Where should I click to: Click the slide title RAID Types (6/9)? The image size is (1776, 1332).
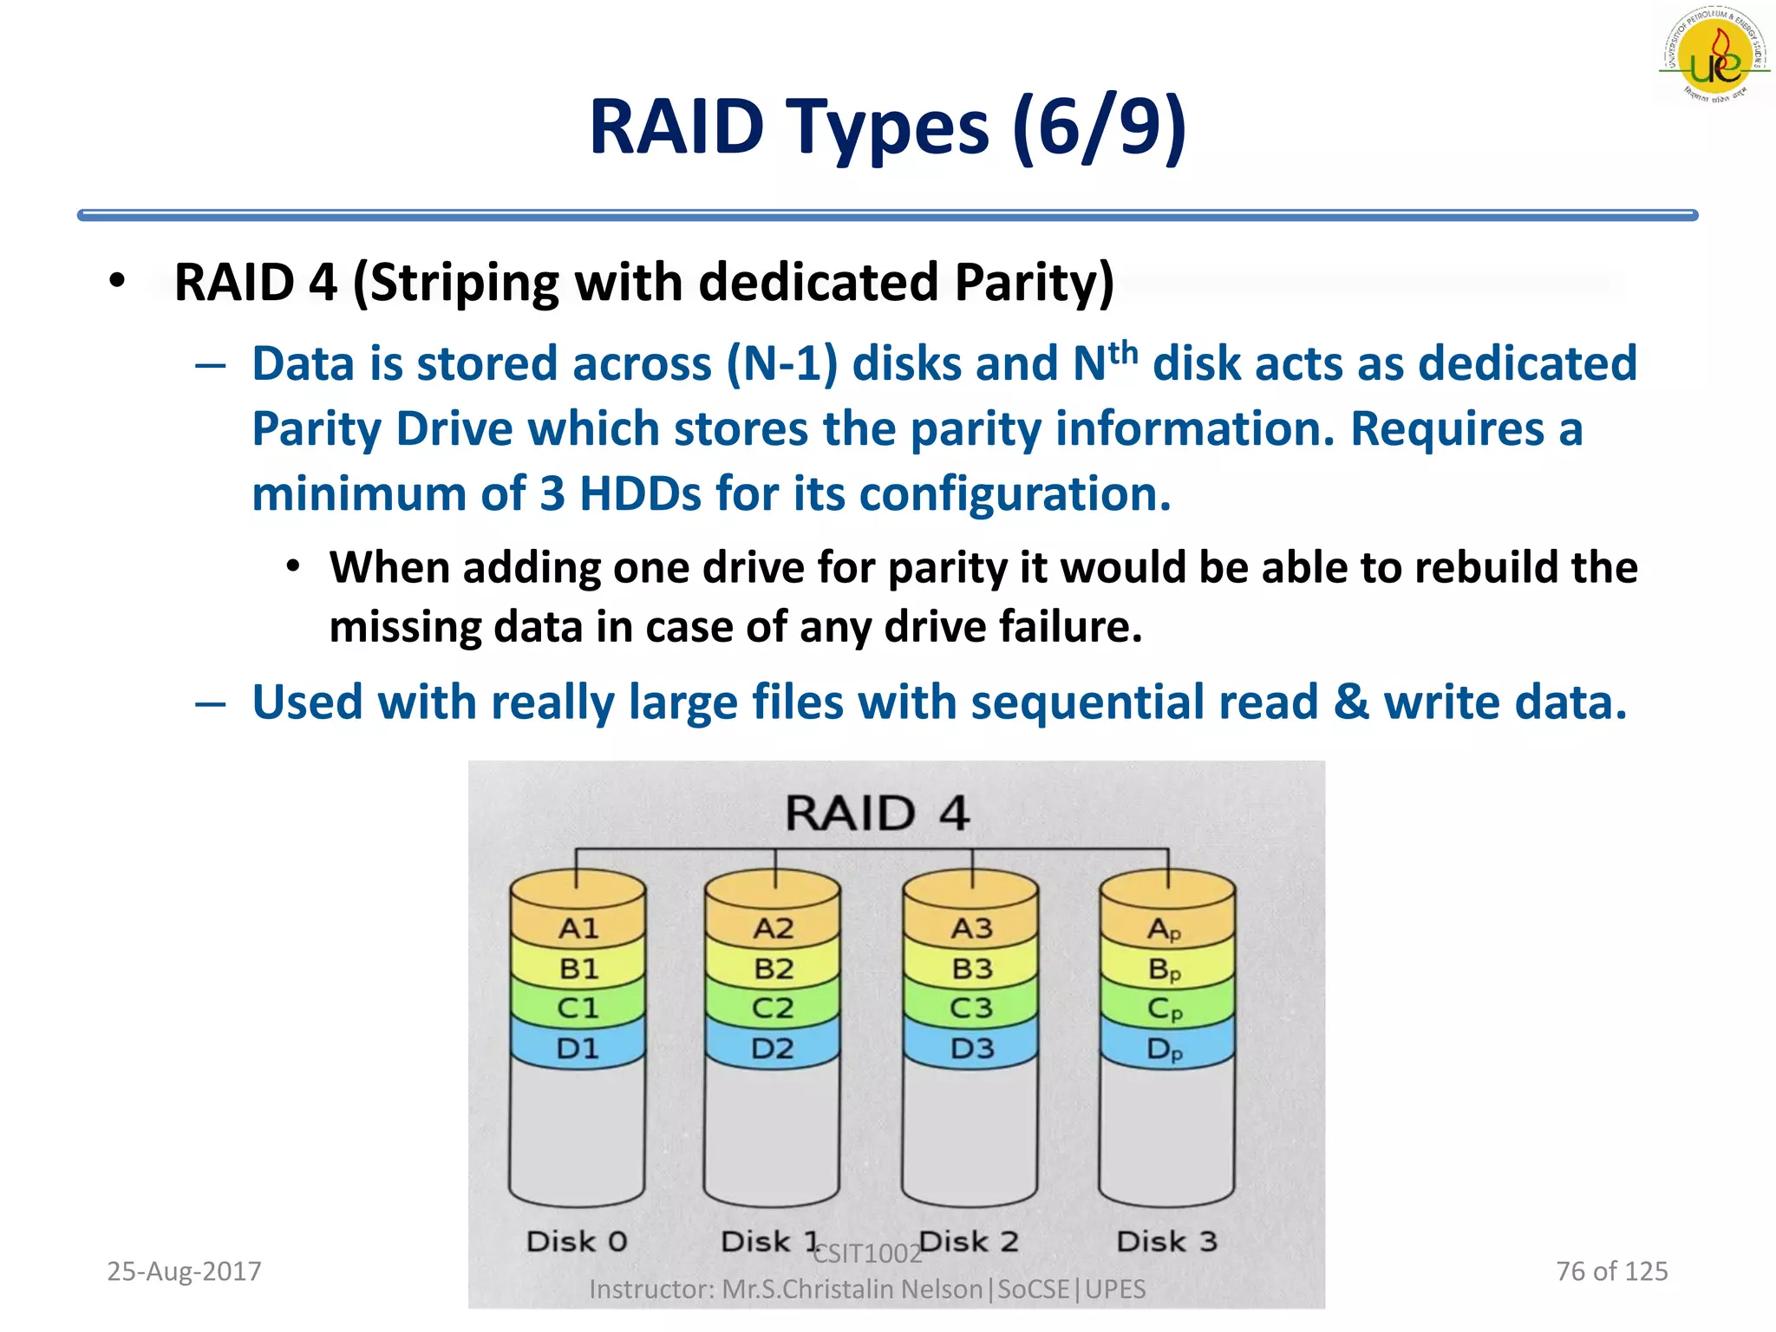tap(887, 127)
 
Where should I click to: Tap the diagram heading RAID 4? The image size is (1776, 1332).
tap(877, 813)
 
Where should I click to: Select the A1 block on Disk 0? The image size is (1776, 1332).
tap(578, 929)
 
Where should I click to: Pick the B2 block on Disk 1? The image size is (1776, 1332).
tap(774, 969)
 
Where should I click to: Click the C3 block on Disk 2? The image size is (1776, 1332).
tap(970, 1009)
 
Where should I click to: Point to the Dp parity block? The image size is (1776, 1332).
tap(1165, 1049)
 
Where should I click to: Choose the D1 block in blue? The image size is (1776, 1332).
tap(578, 1048)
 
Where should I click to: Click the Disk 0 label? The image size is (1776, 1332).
tap(577, 1241)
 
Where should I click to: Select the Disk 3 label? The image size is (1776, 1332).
tap(1166, 1241)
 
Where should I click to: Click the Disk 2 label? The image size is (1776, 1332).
tap(969, 1241)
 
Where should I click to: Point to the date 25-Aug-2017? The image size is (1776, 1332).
tap(184, 1271)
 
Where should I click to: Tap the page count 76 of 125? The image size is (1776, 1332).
tap(1611, 1271)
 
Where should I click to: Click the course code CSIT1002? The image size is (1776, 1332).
tap(867, 1254)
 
